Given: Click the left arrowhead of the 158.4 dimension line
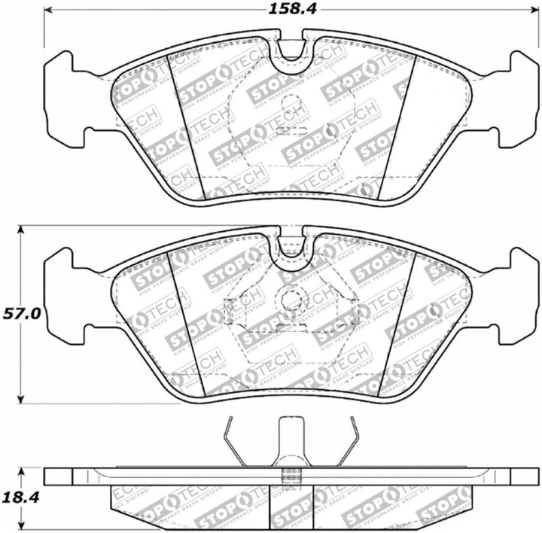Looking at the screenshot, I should (x=49, y=11).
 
